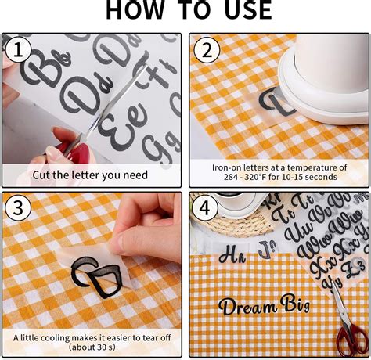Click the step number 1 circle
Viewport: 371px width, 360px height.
(16, 51)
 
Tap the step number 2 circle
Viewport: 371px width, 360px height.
(206, 51)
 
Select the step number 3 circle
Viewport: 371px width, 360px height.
(16, 210)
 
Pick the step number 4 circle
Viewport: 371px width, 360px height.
(206, 210)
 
